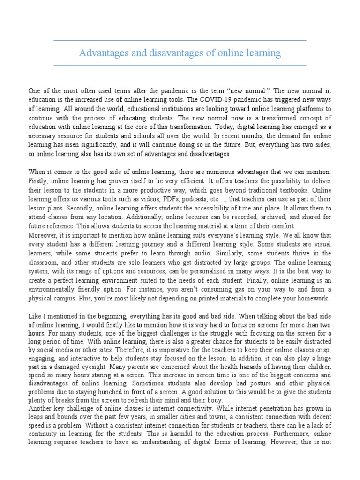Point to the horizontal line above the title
tap(180, 41)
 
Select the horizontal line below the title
tap(180, 65)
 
